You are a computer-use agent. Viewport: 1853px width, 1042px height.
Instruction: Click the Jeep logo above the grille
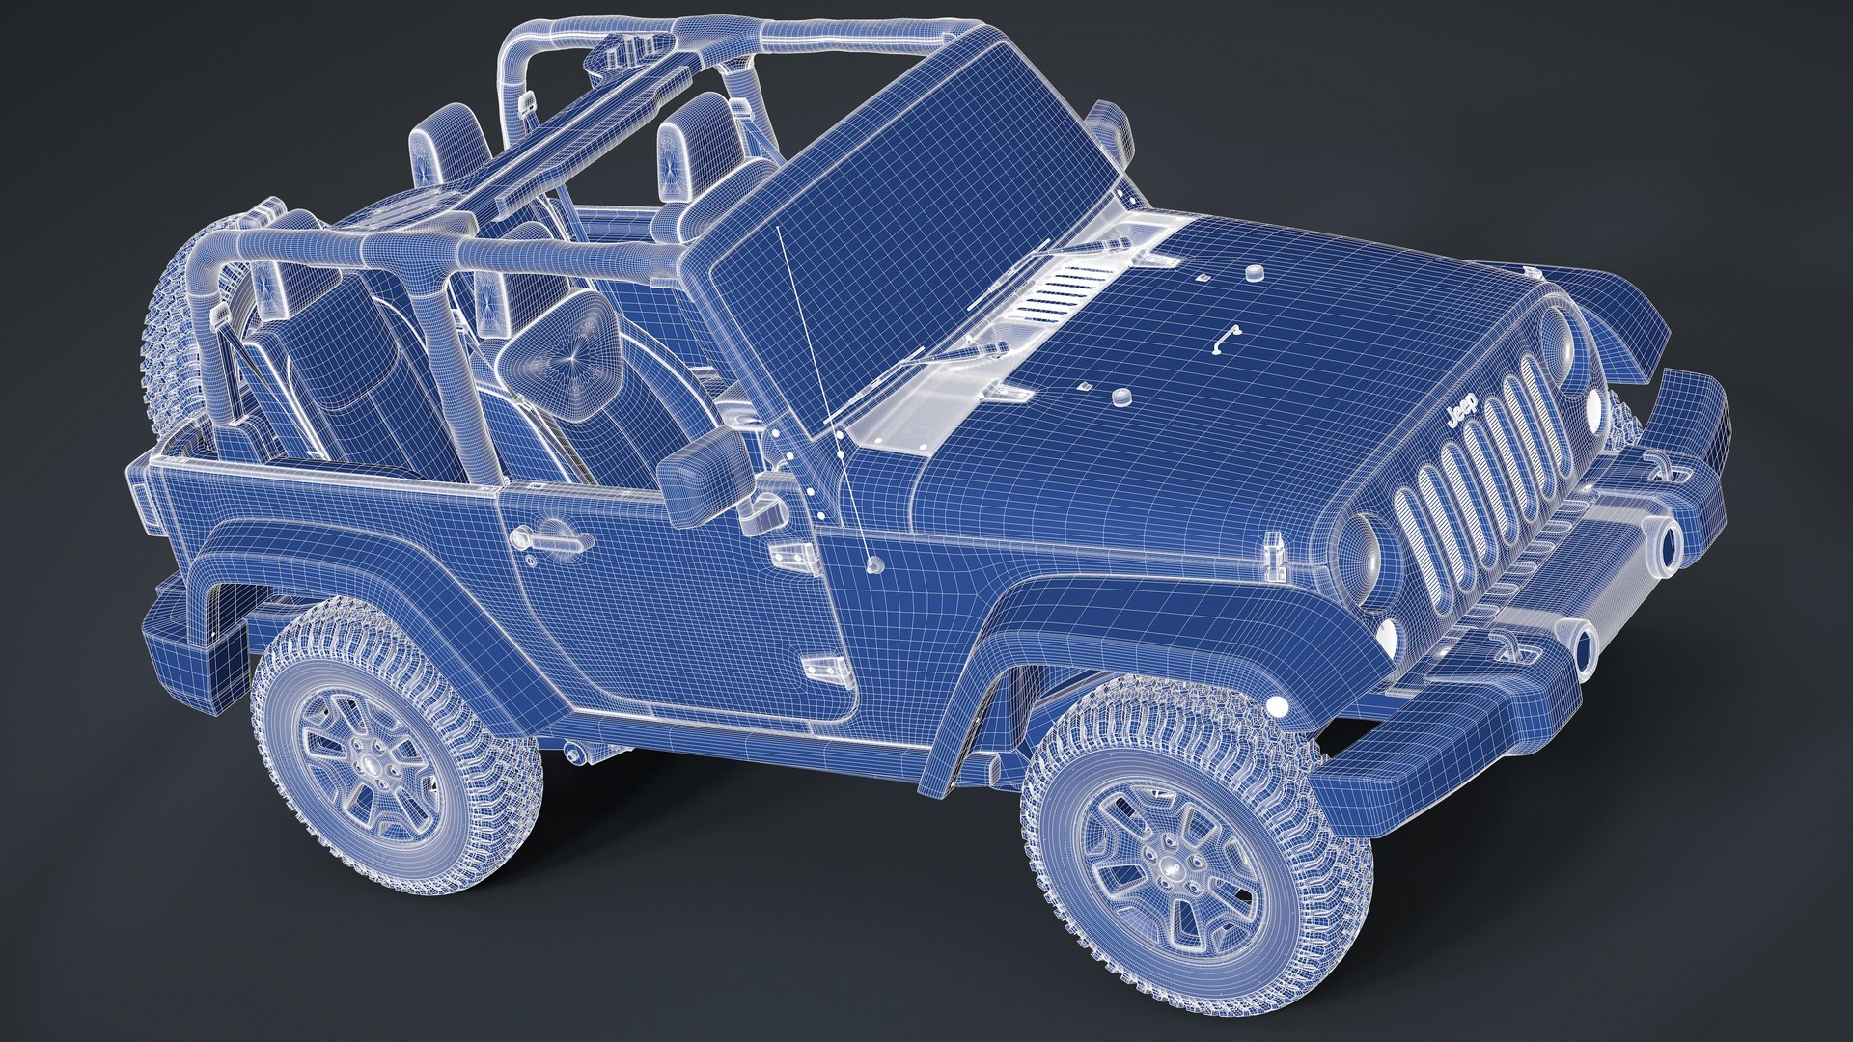click(1465, 410)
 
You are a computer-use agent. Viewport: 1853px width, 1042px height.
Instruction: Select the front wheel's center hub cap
click(1166, 846)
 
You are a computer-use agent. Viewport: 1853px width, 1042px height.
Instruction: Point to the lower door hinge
click(821, 667)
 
